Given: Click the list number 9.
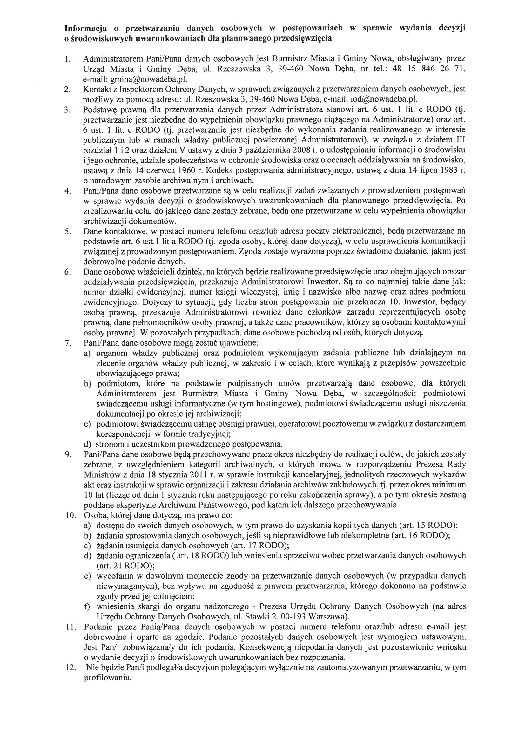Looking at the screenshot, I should pyautogui.click(x=68, y=454).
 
